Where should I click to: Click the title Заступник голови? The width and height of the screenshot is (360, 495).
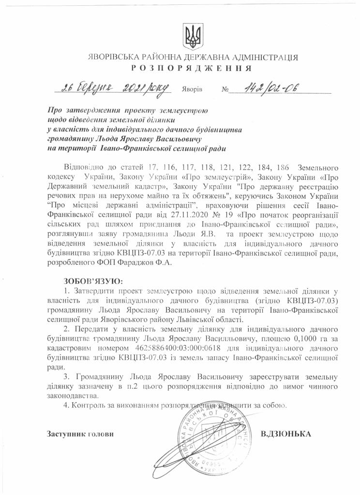tap(80, 434)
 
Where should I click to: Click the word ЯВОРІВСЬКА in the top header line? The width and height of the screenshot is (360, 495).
tap(112, 57)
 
